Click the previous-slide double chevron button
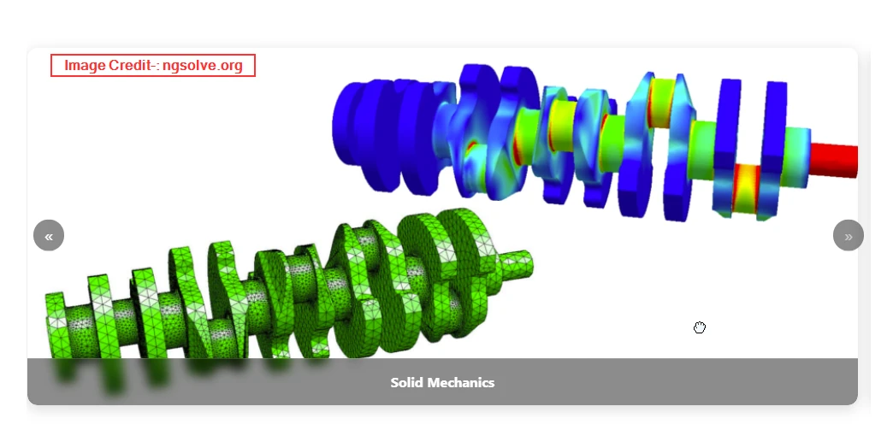point(49,235)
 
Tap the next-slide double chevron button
point(848,235)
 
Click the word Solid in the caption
point(406,383)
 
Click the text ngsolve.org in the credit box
point(203,66)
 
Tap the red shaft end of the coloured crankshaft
point(834,160)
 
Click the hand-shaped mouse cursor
point(700,327)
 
